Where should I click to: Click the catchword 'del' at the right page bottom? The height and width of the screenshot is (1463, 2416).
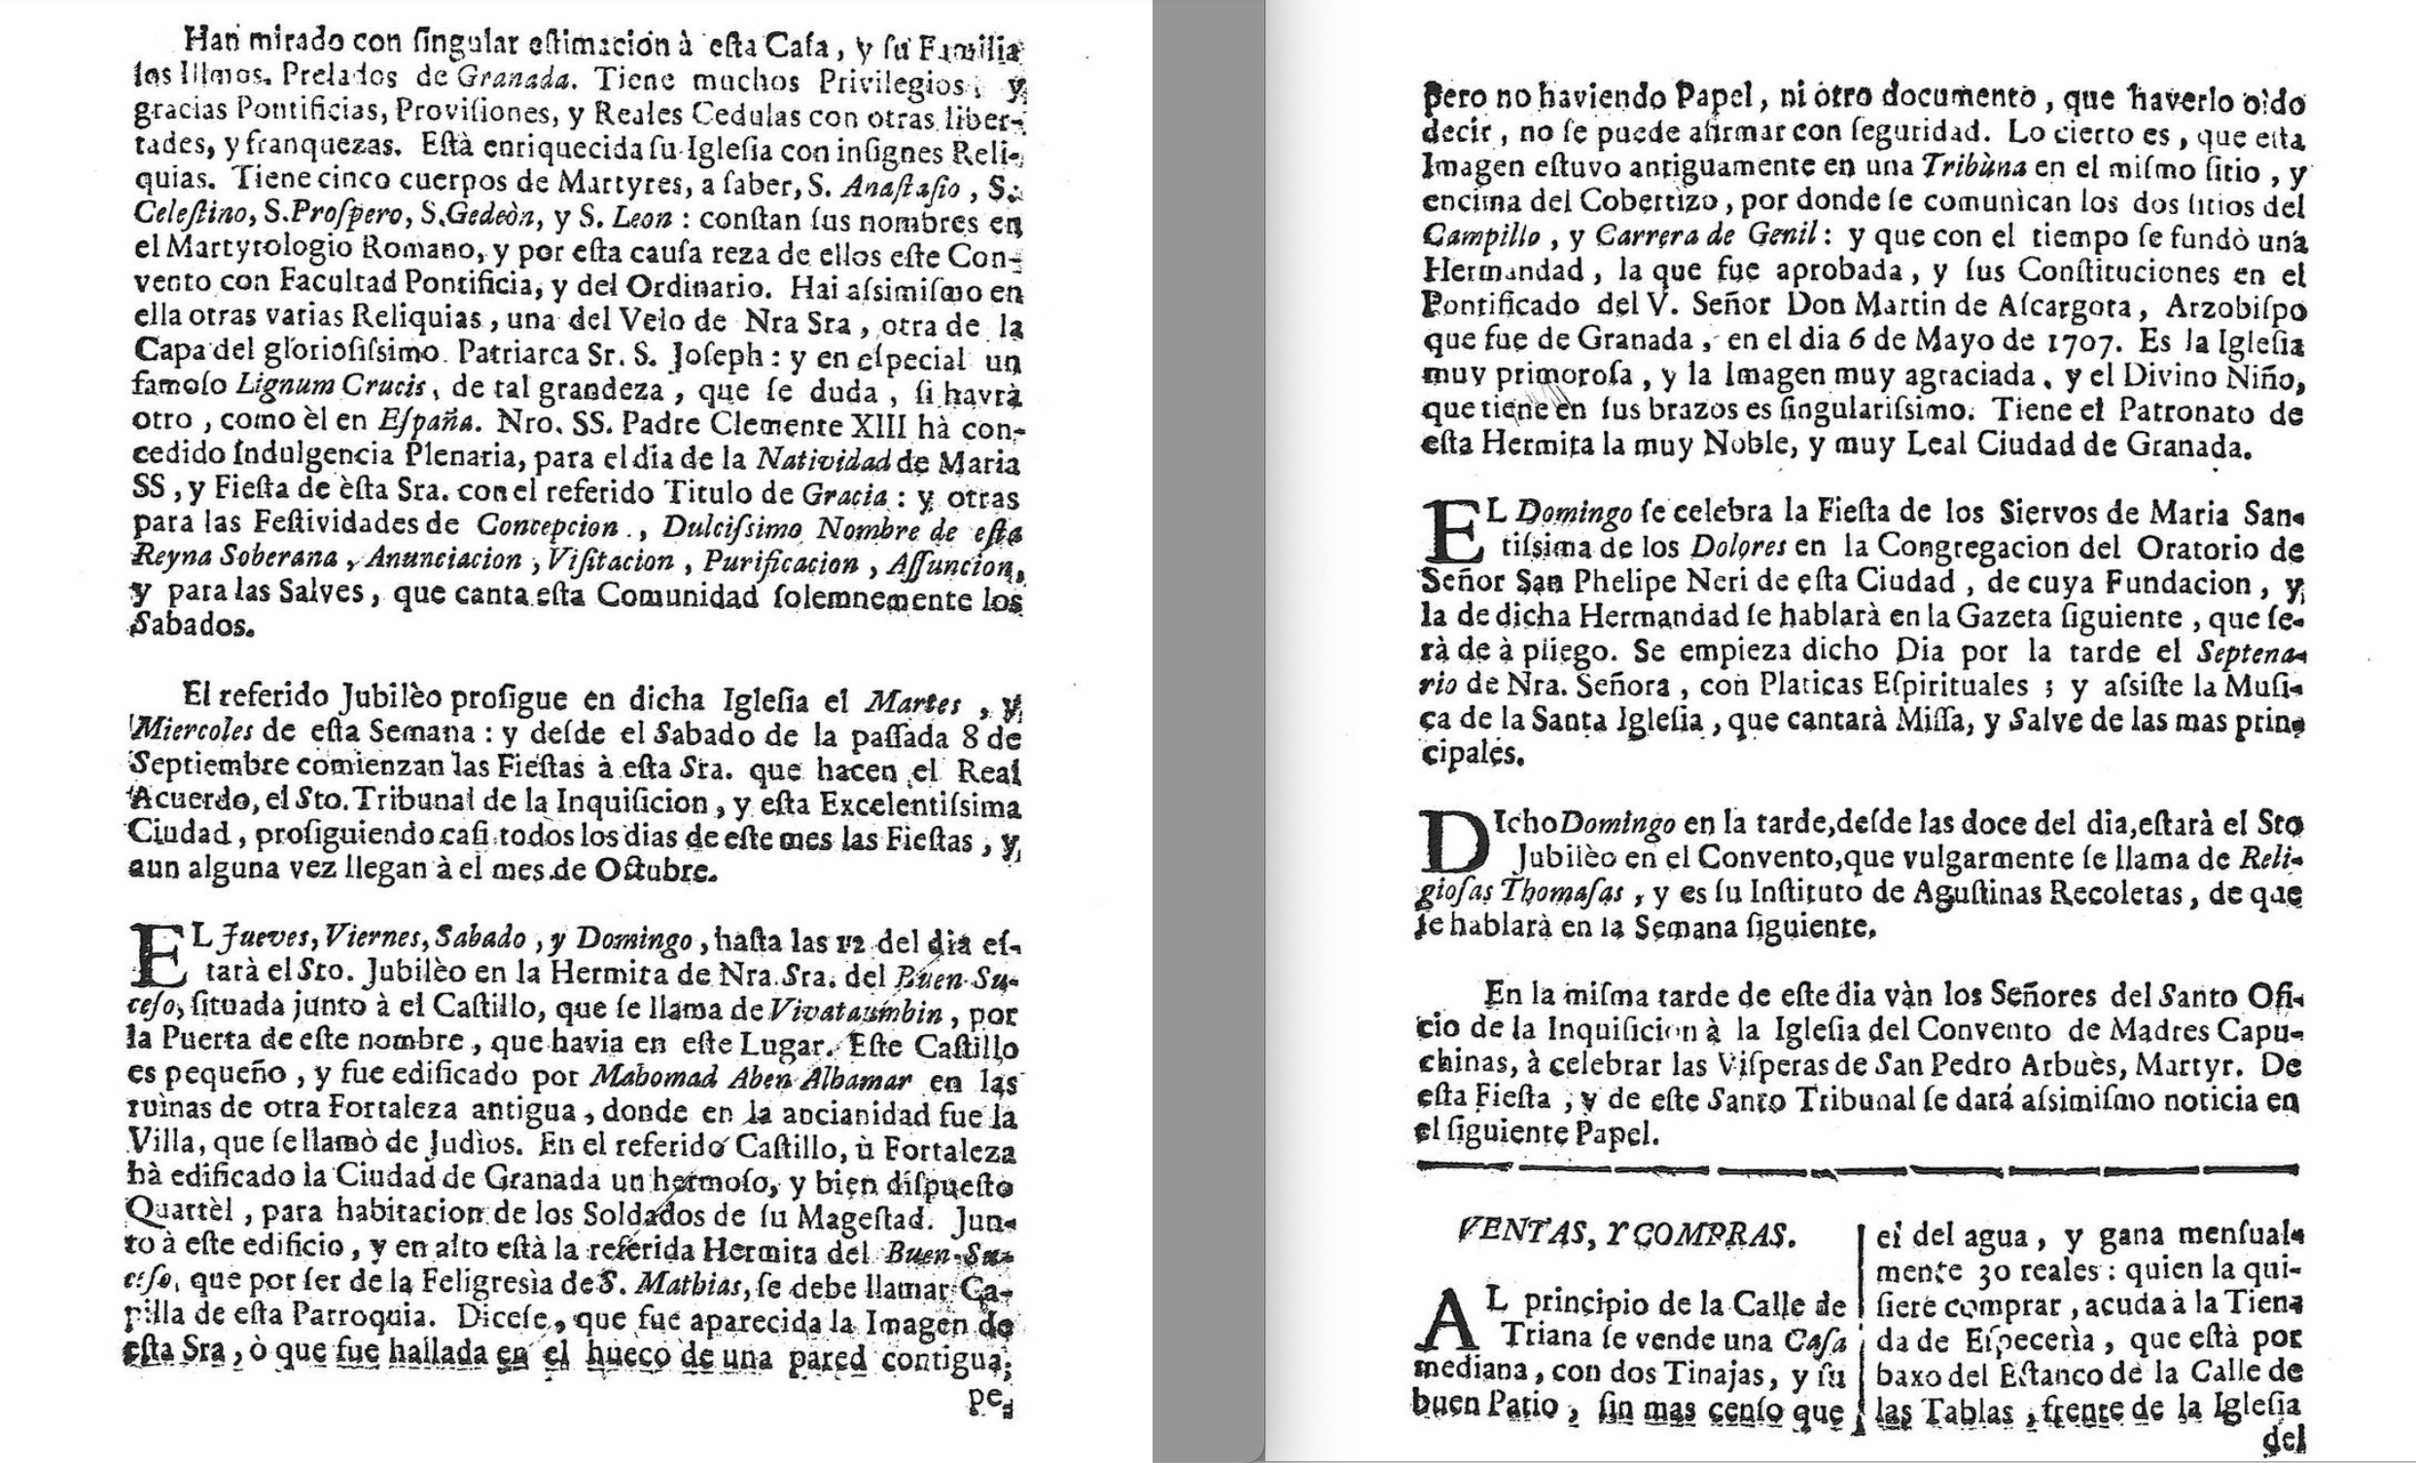pyautogui.click(x=2282, y=1442)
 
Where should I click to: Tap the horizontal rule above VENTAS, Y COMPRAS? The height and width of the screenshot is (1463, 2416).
pyautogui.click(x=1858, y=1169)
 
